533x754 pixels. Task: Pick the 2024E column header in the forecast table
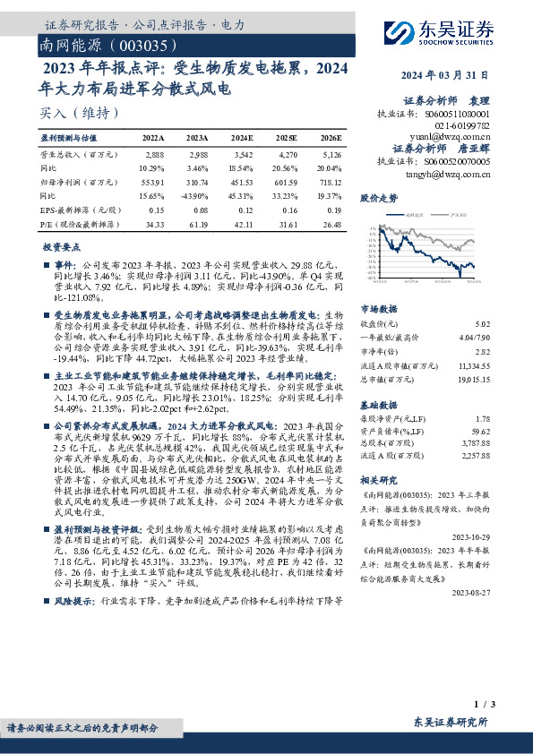pos(242,138)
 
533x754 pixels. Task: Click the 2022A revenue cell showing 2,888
pos(154,155)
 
